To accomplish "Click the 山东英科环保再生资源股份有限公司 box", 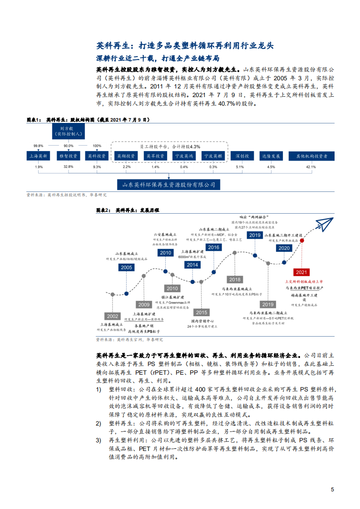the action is (x=168, y=185).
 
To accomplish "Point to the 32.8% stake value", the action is (x=69, y=167).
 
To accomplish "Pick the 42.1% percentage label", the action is (x=311, y=167).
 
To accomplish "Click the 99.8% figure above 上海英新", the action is (x=39, y=146).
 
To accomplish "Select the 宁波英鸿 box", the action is (x=183, y=156).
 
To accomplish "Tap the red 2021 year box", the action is (x=301, y=272).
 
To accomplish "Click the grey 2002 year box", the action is (x=113, y=316).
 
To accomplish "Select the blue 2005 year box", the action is (x=127, y=267).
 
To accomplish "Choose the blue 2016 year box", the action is (x=213, y=247).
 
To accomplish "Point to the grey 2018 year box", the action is (x=235, y=279).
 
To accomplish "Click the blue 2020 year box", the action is (x=284, y=248).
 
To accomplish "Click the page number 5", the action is (x=333, y=489).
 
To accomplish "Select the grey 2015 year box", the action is (x=201, y=313).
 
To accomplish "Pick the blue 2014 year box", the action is (x=192, y=264).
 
